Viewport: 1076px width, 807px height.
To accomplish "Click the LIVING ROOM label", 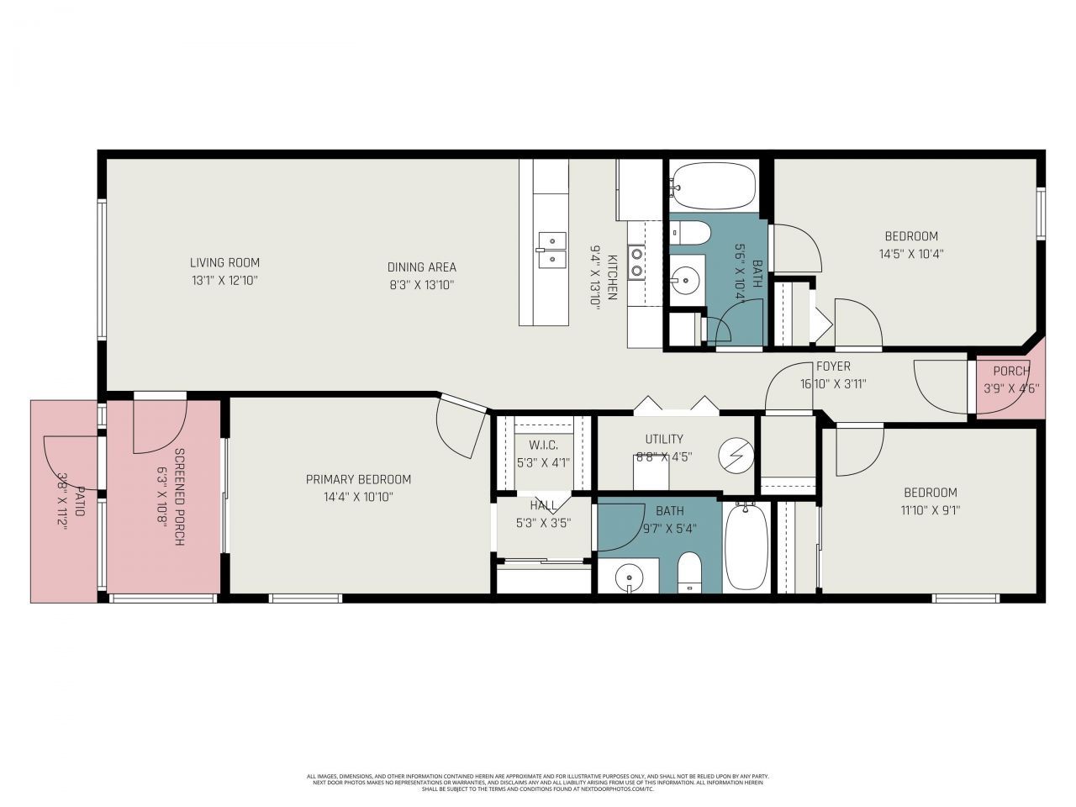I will (x=224, y=262).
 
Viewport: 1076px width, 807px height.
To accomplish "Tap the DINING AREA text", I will (x=421, y=267).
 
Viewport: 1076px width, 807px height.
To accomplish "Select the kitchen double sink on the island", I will (x=551, y=250).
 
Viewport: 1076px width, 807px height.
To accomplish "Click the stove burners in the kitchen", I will (x=637, y=261).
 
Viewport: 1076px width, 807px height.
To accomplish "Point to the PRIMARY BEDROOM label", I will (x=358, y=479).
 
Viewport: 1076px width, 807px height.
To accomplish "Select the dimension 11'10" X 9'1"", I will (x=930, y=509).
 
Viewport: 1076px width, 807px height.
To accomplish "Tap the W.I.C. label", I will (x=543, y=445).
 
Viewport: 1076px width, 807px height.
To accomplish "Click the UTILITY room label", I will (x=664, y=439).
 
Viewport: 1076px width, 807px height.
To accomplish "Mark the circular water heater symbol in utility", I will (x=736, y=456).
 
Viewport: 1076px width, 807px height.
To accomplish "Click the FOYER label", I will (x=833, y=367).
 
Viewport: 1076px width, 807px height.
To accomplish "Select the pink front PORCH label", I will (x=1011, y=371).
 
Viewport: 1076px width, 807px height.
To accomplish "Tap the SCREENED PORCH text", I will (x=178, y=497).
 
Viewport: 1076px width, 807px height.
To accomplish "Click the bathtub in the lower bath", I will (x=746, y=546).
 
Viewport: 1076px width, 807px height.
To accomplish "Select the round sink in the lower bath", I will (x=629, y=578).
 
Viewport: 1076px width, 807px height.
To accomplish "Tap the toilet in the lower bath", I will (x=689, y=574).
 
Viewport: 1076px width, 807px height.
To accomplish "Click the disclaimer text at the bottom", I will (x=537, y=783).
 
